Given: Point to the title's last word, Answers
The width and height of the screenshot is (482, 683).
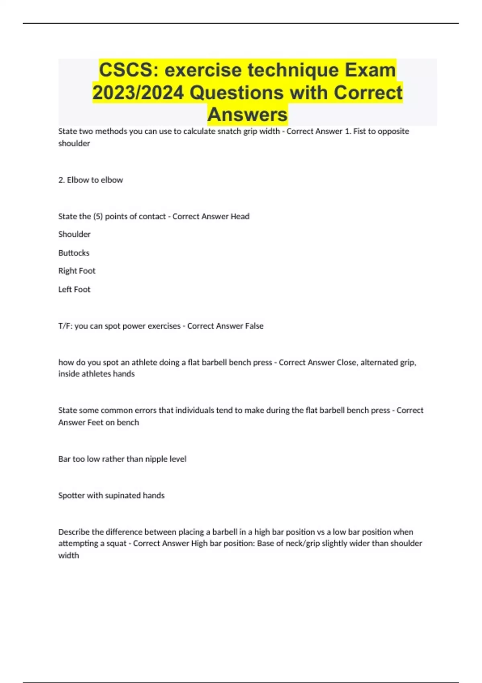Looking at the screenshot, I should [247, 115].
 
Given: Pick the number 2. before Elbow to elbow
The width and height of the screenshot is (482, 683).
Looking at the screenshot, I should [61, 180].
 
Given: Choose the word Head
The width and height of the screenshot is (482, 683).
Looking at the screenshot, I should [240, 217].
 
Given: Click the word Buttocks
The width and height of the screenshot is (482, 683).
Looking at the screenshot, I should [74, 253].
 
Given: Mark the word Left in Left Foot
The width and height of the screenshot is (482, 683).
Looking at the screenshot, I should [65, 290].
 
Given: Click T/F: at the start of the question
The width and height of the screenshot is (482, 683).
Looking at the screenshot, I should [65, 326].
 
